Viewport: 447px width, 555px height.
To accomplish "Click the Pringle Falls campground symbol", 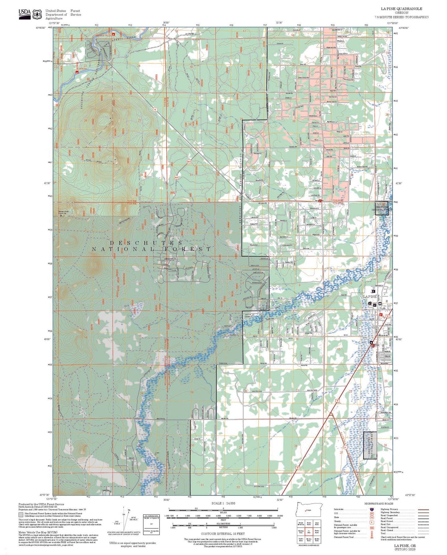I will [113, 34].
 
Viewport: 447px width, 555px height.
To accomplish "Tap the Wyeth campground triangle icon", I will [77, 72].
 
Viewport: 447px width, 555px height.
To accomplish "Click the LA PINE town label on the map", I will [370, 296].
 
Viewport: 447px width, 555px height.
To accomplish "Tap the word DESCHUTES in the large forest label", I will [146, 243].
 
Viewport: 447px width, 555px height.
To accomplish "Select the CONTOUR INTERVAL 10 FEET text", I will [223, 534].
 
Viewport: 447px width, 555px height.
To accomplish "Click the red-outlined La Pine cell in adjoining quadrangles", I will [309, 531].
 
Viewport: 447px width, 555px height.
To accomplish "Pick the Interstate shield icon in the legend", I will [371, 509].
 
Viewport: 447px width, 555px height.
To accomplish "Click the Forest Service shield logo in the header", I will [38, 14].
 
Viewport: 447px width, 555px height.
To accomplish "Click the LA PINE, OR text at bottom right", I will [405, 546].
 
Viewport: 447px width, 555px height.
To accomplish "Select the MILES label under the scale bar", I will [223, 512].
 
